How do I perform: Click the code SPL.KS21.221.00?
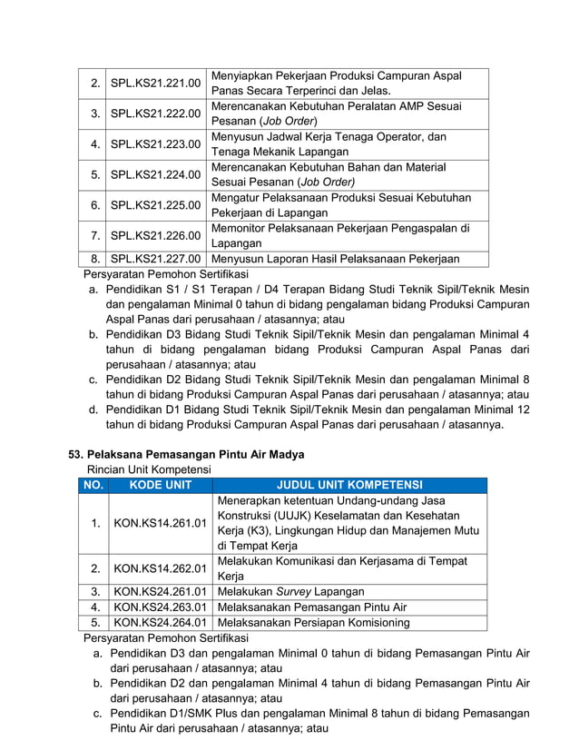pos(155,84)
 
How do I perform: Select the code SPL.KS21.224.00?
pos(155,174)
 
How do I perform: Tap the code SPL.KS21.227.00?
pos(155,259)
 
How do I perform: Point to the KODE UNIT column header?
pos(160,486)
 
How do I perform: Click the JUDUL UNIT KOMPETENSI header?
pos(349,486)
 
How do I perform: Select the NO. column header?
pos(93,486)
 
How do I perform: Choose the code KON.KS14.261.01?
pos(160,524)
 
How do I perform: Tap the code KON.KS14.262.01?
pos(160,569)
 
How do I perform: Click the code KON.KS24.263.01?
pos(160,607)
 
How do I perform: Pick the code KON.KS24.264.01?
pos(160,623)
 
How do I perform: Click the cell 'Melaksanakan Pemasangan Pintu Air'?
pos(309,607)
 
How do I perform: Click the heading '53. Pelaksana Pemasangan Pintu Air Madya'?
pos(187,454)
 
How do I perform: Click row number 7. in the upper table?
pos(94,236)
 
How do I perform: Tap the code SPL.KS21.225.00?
pos(155,205)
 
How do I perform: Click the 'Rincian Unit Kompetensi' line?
pos(148,469)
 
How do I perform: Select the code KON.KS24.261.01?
pos(160,592)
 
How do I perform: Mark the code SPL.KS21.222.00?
pos(155,114)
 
